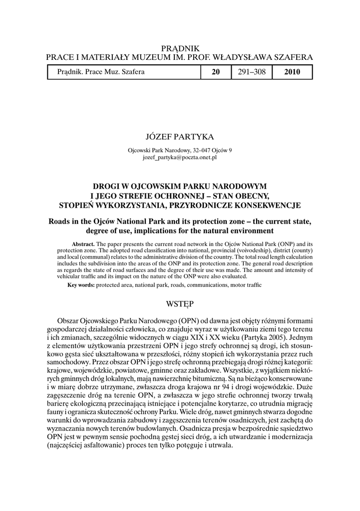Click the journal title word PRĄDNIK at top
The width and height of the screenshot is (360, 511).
tap(180, 48)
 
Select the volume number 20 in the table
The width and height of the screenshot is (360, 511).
tap(216, 72)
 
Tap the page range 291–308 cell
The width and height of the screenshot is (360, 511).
tap(251, 72)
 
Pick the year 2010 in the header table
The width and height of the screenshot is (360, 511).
tap(292, 72)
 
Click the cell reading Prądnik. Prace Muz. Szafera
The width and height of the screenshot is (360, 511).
tap(101, 72)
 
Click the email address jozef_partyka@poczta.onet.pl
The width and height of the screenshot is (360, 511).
tap(180, 157)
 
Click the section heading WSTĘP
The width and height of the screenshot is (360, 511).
tap(180, 303)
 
